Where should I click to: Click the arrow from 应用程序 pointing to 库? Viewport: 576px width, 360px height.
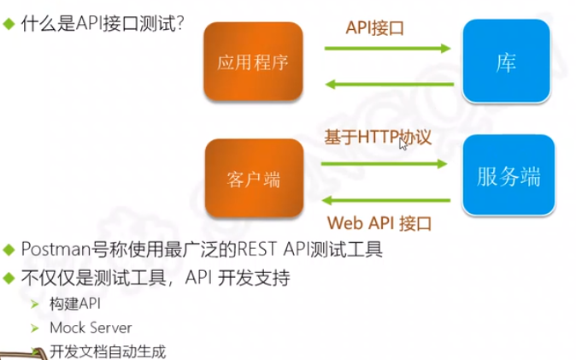click(x=387, y=49)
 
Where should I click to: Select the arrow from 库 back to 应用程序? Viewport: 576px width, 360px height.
click(x=387, y=82)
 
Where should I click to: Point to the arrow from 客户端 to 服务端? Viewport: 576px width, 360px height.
click(x=385, y=166)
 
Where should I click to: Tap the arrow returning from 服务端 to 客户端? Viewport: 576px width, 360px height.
click(x=385, y=199)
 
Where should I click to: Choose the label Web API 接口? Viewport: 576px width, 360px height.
click(x=379, y=224)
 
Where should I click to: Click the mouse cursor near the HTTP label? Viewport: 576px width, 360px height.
click(x=403, y=144)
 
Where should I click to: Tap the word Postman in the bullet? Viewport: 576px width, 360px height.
click(x=49, y=250)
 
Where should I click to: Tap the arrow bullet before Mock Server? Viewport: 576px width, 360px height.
click(x=34, y=328)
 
